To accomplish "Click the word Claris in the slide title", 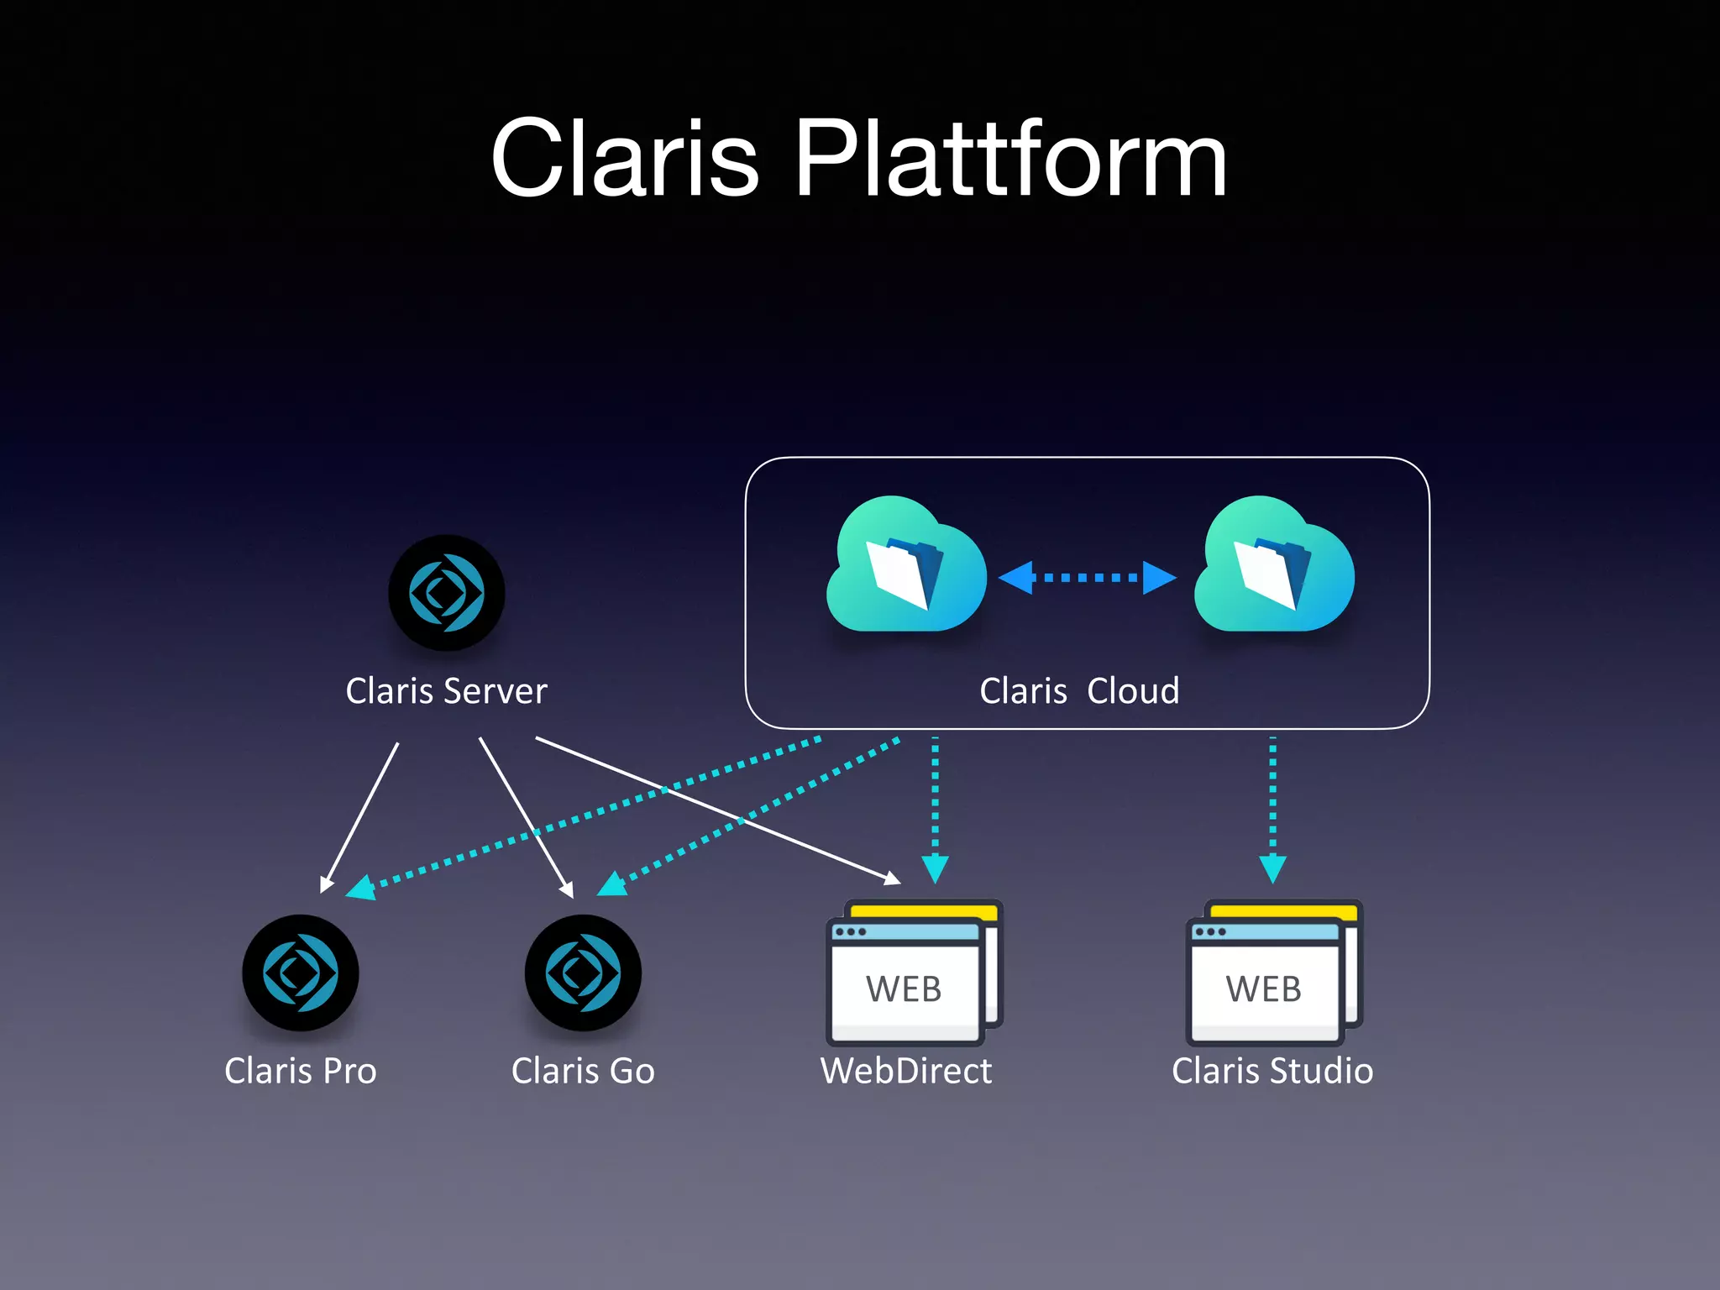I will pyautogui.click(x=625, y=160).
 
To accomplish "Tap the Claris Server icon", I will pyautogui.click(x=446, y=593).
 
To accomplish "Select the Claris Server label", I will pyautogui.click(x=446, y=691).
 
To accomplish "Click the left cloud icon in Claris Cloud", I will pyautogui.click(x=906, y=567).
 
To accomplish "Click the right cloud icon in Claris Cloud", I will pyautogui.click(x=1273, y=567).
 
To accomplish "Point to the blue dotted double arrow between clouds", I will pyautogui.click(x=1087, y=578).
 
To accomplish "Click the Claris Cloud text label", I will pyautogui.click(x=1079, y=691).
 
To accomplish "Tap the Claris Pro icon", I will pyautogui.click(x=300, y=973).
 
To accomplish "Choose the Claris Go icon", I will pyautogui.click(x=583, y=973).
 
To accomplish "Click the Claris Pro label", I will pyautogui.click(x=300, y=1071).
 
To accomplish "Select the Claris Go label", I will pyautogui.click(x=583, y=1071).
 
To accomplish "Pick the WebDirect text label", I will pyautogui.click(x=906, y=1071).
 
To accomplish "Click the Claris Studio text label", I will pyautogui.click(x=1272, y=1071).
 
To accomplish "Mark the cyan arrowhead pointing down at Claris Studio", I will pyautogui.click(x=1272, y=868).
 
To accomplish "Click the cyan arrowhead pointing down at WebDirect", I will pyautogui.click(x=935, y=868).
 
